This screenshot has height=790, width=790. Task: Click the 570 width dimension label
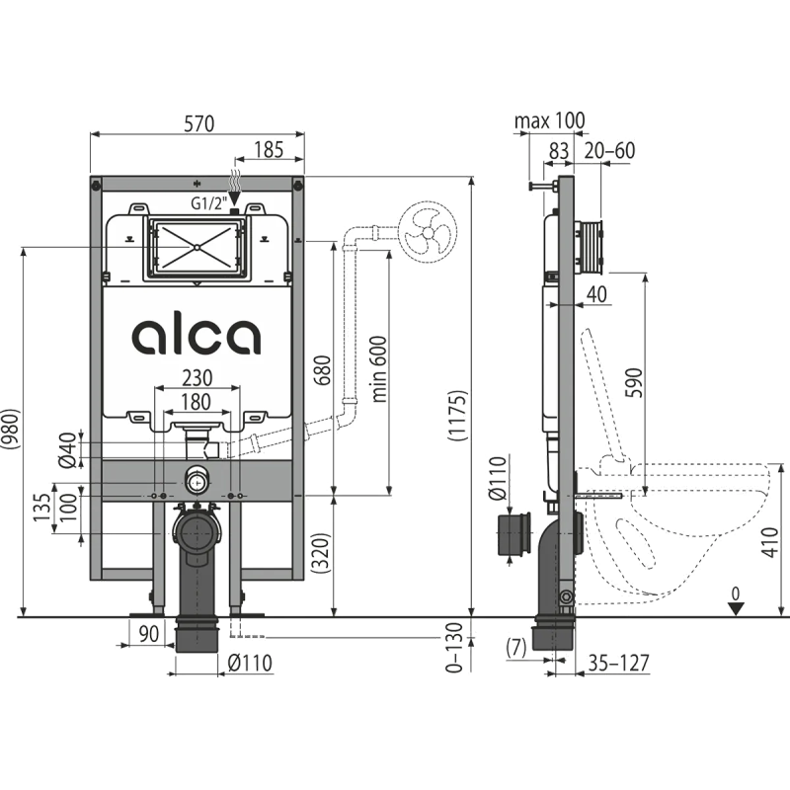(x=198, y=123)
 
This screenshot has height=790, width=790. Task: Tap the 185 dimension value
(x=269, y=150)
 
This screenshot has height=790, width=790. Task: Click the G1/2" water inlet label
(x=209, y=203)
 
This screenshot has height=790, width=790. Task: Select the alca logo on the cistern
(x=197, y=336)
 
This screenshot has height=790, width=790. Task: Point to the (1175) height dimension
(x=458, y=416)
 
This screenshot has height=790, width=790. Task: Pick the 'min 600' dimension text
(x=379, y=369)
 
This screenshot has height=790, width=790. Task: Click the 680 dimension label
(x=322, y=370)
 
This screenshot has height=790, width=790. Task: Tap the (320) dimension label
(x=321, y=552)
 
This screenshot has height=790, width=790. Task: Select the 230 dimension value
(x=197, y=378)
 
